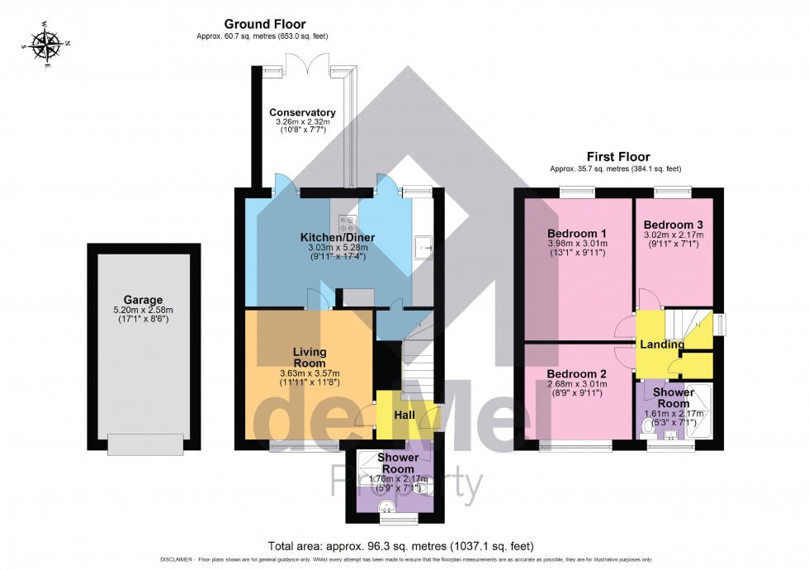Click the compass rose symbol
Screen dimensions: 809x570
[x=46, y=45]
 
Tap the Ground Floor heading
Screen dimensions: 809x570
[x=265, y=24]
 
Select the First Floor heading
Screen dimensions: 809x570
[x=618, y=156]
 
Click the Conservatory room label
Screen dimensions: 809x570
[x=302, y=112]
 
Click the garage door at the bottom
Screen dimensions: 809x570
[x=145, y=445]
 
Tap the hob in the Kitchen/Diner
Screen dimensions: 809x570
[x=348, y=224]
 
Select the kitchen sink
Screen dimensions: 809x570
[x=423, y=249]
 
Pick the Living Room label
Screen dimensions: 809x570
[x=310, y=357]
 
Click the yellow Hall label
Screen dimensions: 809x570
[x=404, y=415]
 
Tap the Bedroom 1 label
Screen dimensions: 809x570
[x=577, y=233]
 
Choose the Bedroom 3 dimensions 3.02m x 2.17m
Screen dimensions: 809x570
[x=674, y=235]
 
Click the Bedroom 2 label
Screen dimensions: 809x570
[x=577, y=373]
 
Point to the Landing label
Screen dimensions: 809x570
[x=662, y=344]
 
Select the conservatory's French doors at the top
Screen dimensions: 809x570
[x=307, y=63]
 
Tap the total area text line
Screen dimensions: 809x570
[x=401, y=546]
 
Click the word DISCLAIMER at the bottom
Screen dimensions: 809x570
[x=177, y=560]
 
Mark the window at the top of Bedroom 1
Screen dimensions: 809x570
[x=579, y=192]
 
